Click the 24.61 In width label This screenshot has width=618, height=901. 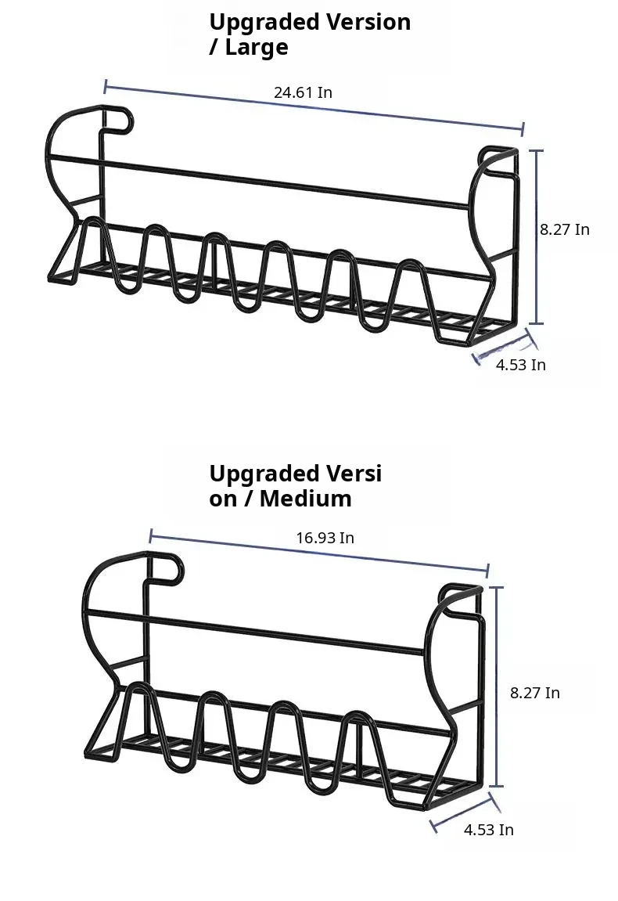pyautogui.click(x=303, y=92)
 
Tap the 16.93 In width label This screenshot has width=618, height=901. pyautogui.click(x=325, y=538)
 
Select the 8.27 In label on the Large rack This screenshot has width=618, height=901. pyautogui.click(x=565, y=229)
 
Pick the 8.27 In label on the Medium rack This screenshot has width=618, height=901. pyautogui.click(x=535, y=693)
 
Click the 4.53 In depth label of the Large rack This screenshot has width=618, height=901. pyautogui.click(x=521, y=365)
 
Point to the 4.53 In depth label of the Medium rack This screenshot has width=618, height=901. pyautogui.click(x=489, y=830)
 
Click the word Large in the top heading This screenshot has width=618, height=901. pyautogui.click(x=256, y=48)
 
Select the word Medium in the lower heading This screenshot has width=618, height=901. pyautogui.click(x=306, y=498)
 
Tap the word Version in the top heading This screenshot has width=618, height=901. pyautogui.click(x=368, y=22)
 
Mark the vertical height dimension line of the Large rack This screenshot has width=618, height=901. pyautogui.click(x=537, y=236)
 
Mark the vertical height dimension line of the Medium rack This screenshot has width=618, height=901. pyautogui.click(x=497, y=687)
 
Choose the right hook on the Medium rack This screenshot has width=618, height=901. pyautogui.click(x=459, y=592)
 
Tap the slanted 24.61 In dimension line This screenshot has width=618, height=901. pyautogui.click(x=314, y=107)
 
